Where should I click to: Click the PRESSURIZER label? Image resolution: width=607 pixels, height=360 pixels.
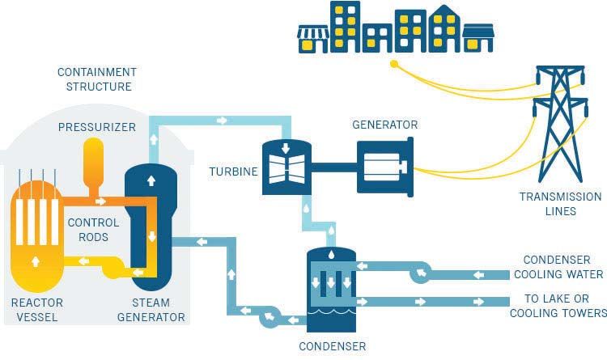pyautogui.click(x=97, y=127)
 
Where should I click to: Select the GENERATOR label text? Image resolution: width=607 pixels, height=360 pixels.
pyautogui.click(x=384, y=125)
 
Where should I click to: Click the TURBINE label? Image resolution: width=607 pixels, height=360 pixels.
pyautogui.click(x=234, y=172)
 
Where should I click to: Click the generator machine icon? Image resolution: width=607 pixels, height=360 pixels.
pyautogui.click(x=385, y=167)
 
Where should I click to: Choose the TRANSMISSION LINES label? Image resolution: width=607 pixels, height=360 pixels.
pyautogui.click(x=560, y=203)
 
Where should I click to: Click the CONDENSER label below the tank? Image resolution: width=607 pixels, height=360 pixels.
pyautogui.click(x=332, y=346)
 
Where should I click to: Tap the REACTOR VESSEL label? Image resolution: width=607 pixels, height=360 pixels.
pyautogui.click(x=36, y=309)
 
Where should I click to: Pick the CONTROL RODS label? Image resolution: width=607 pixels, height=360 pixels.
pyautogui.click(x=93, y=230)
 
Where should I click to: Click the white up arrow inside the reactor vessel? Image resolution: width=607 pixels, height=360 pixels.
pyautogui.click(x=34, y=260)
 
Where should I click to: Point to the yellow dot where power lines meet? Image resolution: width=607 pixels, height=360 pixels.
pyautogui.click(x=394, y=63)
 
